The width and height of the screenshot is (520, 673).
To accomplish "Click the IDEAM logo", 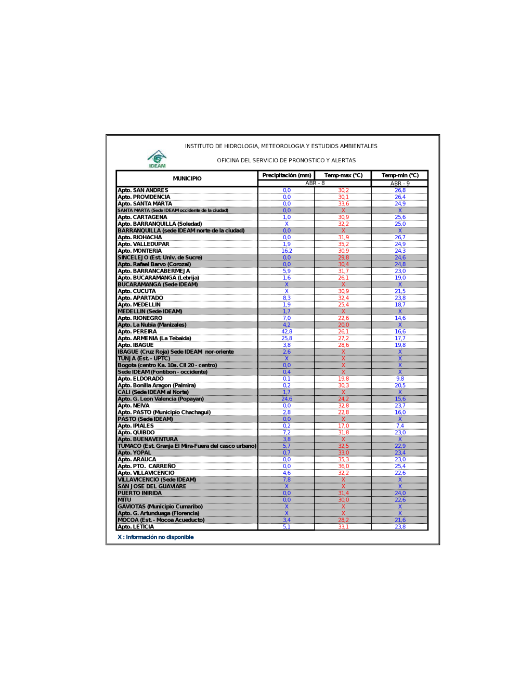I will point(157,159).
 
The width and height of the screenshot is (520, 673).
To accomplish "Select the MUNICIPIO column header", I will point(187,178).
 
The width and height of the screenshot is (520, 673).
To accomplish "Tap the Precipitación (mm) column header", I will point(287,175).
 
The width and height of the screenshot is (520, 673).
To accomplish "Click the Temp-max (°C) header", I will point(343,175).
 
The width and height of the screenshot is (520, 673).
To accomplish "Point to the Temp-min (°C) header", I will point(400,175).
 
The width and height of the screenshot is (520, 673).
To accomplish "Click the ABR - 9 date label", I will point(400,184).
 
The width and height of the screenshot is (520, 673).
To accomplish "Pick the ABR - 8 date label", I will point(315,183).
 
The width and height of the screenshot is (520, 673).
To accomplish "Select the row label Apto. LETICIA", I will point(136,527).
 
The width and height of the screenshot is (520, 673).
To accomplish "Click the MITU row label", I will point(124,500).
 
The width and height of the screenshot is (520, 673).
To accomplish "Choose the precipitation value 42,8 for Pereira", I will point(287,332).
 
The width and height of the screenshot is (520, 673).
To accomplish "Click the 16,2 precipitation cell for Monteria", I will point(287,251).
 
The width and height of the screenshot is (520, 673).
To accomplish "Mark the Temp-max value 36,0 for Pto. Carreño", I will point(343,466).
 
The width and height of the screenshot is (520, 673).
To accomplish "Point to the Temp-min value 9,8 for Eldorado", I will point(400,379).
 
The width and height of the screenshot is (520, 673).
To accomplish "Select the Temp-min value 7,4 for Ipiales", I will point(400,426).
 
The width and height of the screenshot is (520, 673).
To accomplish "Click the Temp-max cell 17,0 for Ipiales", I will point(343,426).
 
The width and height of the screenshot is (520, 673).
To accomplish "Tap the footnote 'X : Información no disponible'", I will point(155,537).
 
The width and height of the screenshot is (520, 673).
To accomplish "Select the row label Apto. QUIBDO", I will point(136,433).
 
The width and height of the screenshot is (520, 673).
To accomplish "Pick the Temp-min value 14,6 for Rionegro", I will point(400,318).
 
